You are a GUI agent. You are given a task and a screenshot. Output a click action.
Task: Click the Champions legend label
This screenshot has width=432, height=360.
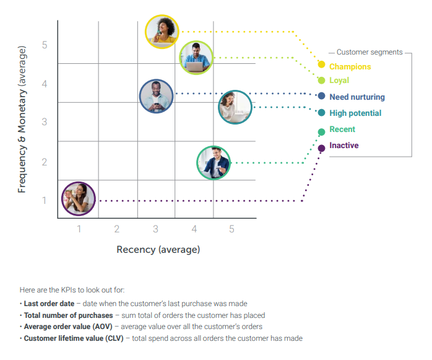350,66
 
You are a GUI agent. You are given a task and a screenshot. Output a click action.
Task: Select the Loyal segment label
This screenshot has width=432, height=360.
339,81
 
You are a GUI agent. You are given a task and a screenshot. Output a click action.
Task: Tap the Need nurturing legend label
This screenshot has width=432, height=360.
356,97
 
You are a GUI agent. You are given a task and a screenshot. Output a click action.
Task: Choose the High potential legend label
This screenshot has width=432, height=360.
355,113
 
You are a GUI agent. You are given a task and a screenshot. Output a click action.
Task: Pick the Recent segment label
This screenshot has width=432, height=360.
342,129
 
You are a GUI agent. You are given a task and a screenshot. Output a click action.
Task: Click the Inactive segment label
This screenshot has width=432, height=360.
343,146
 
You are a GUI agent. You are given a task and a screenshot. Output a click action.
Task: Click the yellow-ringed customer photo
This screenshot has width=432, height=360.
162,32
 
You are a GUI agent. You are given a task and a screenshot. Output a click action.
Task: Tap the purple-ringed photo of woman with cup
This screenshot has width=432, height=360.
79,198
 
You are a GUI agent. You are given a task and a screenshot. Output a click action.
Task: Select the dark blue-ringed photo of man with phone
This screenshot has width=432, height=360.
157,96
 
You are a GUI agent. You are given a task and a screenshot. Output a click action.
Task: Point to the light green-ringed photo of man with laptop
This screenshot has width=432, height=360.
197,58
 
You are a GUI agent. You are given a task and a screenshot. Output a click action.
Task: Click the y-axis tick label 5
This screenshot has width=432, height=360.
45,45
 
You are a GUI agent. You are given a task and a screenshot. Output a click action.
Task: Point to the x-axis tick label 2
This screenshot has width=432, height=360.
116,229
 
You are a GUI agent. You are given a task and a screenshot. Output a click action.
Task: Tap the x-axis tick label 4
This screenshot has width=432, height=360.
194,229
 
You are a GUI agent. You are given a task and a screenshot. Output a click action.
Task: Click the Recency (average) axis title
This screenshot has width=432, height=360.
158,249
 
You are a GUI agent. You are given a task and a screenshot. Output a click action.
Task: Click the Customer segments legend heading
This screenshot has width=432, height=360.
369,53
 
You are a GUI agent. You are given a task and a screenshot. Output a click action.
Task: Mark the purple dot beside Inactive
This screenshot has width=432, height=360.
321,148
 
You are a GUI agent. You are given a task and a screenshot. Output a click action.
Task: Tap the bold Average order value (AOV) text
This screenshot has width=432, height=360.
67,327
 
